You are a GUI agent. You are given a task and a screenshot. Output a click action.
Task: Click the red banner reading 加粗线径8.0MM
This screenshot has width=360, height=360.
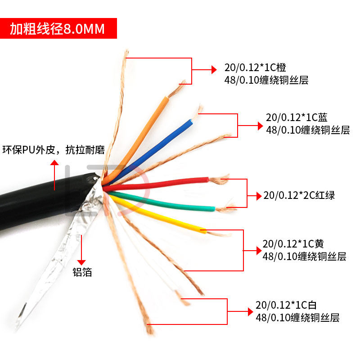(58, 29)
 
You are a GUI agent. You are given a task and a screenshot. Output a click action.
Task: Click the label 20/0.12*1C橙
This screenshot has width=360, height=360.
(255, 68)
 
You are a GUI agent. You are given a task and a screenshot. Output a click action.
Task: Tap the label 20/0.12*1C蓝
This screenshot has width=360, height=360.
(297, 118)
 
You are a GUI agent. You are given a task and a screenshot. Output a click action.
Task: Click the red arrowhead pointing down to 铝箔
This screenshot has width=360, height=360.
(81, 261)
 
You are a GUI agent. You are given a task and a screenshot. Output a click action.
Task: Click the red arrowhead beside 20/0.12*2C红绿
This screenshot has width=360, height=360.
(258, 196)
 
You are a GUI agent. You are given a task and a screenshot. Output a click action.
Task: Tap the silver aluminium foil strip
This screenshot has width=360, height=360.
(54, 270)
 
